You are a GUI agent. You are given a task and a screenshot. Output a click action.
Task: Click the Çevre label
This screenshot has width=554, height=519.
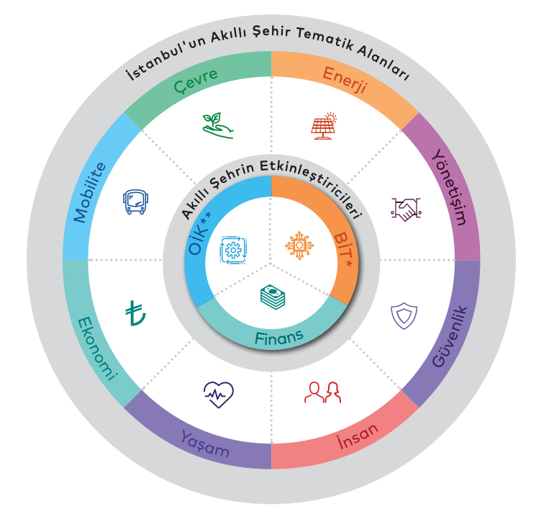(196, 81)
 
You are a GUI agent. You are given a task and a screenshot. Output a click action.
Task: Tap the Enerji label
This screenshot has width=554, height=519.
(345, 81)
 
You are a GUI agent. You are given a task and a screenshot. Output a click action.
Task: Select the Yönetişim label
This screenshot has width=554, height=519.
(450, 187)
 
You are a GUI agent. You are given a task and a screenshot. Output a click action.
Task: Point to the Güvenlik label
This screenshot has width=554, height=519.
(450, 336)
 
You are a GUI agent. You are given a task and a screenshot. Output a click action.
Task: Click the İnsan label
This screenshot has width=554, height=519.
(357, 436)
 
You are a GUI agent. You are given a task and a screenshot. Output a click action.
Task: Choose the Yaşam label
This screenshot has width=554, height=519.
(205, 444)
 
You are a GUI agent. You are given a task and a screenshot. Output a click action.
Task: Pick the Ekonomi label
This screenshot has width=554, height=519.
(96, 348)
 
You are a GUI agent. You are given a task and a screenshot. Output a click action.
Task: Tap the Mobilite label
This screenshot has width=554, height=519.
(89, 193)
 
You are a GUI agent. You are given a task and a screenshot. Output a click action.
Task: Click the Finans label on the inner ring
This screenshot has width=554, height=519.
(279, 338)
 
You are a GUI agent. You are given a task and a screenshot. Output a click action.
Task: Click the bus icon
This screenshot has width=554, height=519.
(135, 202)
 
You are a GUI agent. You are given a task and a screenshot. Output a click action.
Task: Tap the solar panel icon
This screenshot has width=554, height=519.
(324, 126)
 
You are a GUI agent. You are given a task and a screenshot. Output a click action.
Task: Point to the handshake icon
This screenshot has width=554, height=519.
(406, 209)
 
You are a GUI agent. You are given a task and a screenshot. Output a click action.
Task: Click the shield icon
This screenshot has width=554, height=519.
(404, 316)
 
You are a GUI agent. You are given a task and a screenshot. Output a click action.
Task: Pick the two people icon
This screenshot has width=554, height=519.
(322, 392)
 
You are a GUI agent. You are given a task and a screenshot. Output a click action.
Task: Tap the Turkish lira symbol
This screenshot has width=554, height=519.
(135, 313)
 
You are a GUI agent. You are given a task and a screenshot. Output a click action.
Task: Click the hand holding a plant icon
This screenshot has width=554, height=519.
(217, 125)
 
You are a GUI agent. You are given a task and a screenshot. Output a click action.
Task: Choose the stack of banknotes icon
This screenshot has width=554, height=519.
(273, 297)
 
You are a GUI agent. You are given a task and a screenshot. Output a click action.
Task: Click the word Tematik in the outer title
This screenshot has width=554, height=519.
(324, 39)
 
